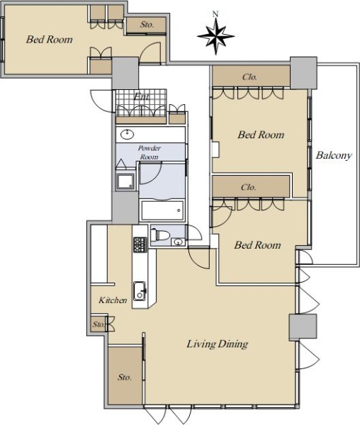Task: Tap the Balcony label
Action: click(334, 156)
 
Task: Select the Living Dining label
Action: click(218, 344)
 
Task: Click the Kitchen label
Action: click(113, 300)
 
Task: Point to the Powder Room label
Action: click(149, 152)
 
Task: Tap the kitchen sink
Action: click(140, 291)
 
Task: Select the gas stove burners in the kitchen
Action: click(140, 245)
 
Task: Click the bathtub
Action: click(162, 210)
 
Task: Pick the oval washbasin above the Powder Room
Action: click(127, 135)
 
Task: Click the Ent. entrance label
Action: click(142, 97)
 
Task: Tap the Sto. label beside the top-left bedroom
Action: click(147, 25)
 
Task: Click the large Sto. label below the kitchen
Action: click(125, 378)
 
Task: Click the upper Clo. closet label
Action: click(249, 77)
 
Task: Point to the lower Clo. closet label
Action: click(248, 187)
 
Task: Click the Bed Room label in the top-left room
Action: click(50, 40)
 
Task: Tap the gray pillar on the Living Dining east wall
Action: click(303, 327)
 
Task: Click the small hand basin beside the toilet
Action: click(178, 242)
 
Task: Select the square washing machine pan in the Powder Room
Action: click(125, 181)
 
